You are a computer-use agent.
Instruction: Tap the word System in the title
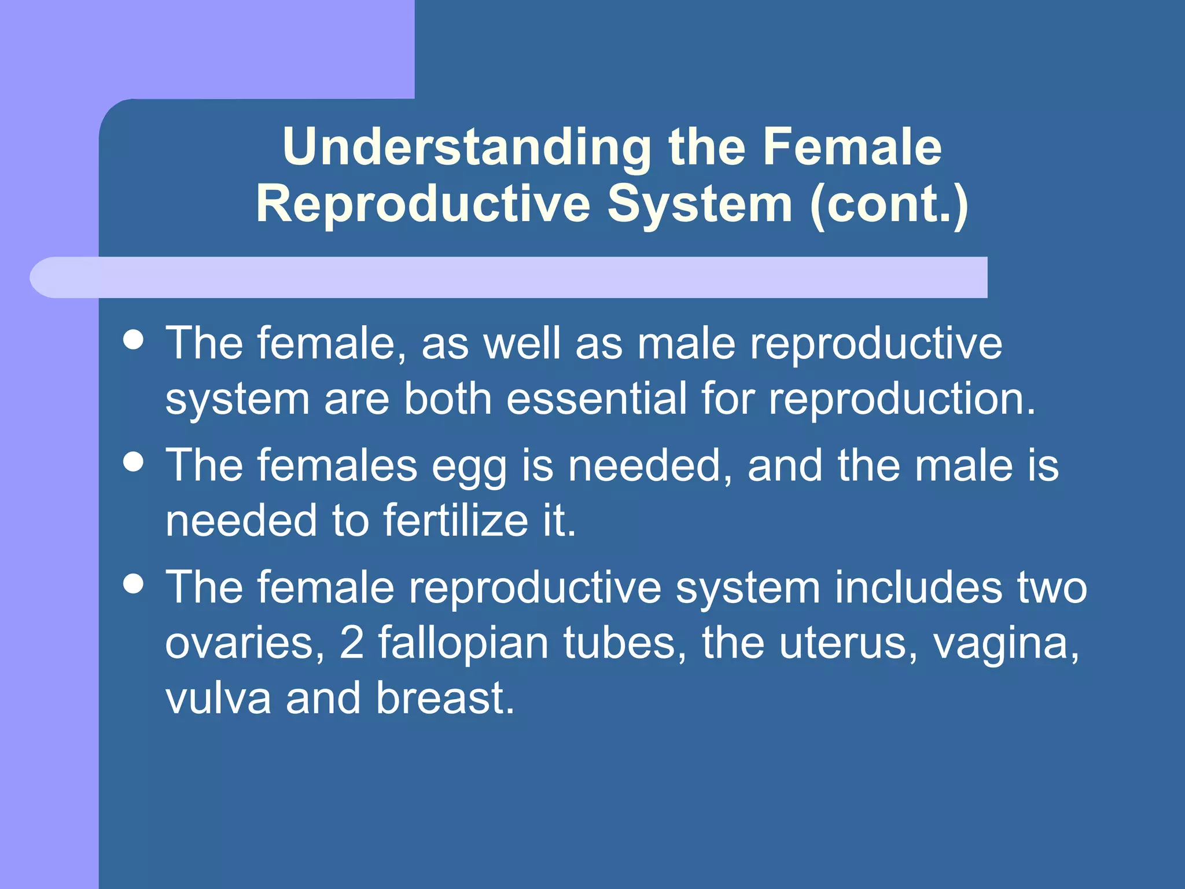(700, 204)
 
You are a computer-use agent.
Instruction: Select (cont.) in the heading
(889, 204)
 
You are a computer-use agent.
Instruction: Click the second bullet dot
(134, 462)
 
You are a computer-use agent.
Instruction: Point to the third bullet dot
(134, 584)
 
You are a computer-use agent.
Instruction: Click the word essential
(597, 399)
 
